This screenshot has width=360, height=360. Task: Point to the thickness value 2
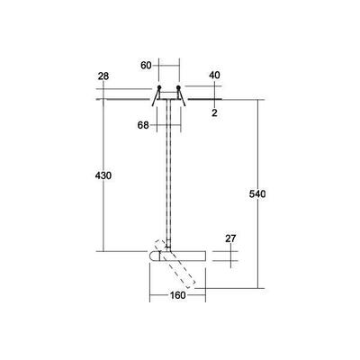(215, 112)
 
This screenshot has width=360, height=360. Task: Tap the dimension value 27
(230, 238)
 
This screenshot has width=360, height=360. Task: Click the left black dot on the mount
(158, 88)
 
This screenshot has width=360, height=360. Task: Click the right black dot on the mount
(178, 88)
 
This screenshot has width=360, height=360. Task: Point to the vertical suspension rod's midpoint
(168, 180)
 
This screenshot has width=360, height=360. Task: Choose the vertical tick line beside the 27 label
(232, 256)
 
